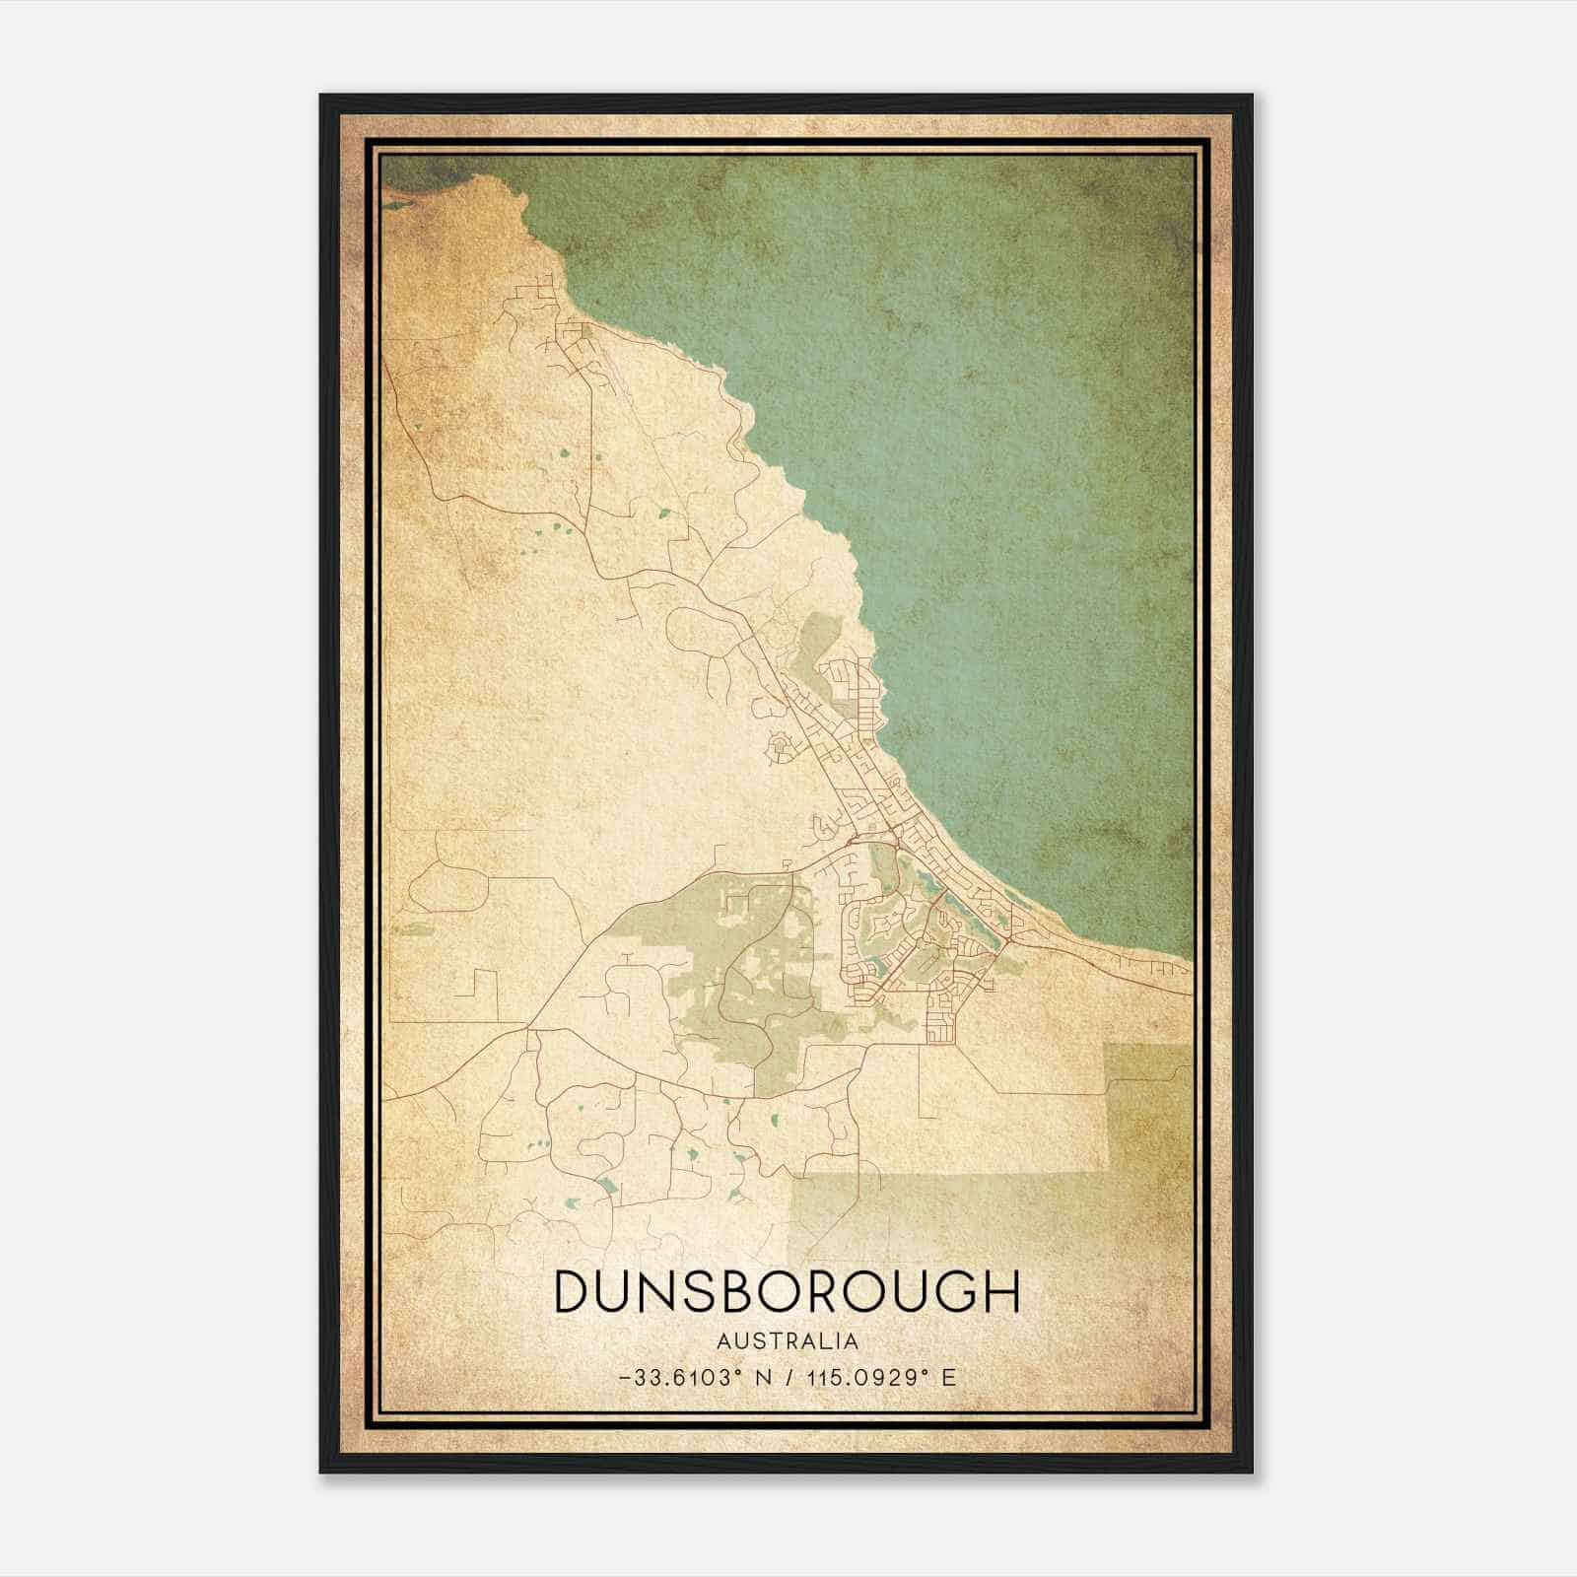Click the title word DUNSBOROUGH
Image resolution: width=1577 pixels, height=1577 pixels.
(x=787, y=1291)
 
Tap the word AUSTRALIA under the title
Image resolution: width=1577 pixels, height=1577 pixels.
(x=788, y=1341)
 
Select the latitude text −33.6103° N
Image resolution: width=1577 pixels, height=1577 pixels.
(x=680, y=1378)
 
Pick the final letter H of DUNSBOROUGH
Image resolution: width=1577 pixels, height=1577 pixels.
(x=1001, y=1291)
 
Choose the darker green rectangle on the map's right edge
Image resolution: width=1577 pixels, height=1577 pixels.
(x=1148, y=1104)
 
